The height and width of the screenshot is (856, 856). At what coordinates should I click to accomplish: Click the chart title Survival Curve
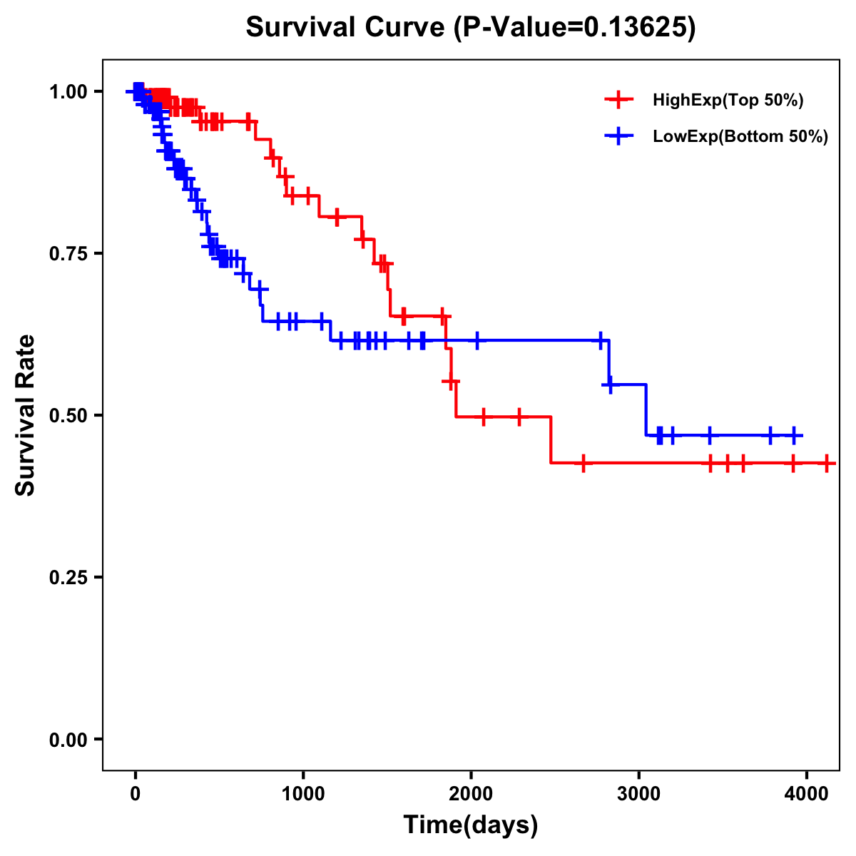pyautogui.click(x=347, y=28)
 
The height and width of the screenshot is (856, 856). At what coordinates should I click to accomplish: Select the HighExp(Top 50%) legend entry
pyautogui.click(x=728, y=101)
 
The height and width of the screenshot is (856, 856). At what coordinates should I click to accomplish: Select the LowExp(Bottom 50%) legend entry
pyautogui.click(x=740, y=137)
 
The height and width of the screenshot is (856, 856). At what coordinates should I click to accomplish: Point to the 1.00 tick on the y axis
pyautogui.click(x=68, y=91)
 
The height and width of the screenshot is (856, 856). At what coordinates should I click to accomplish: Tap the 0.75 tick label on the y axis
pyautogui.click(x=68, y=253)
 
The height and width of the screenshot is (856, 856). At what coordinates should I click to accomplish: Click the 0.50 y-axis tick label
pyautogui.click(x=68, y=415)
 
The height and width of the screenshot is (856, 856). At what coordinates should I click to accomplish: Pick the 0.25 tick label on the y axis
pyautogui.click(x=68, y=577)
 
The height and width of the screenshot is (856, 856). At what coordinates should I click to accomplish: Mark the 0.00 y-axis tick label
pyautogui.click(x=68, y=739)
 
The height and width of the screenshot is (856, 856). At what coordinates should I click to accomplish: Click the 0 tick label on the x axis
pyautogui.click(x=136, y=793)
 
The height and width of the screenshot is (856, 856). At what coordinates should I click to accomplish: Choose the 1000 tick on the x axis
pyautogui.click(x=303, y=793)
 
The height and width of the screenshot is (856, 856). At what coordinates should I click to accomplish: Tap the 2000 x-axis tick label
pyautogui.click(x=471, y=793)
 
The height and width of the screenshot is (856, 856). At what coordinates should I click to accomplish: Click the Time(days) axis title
pyautogui.click(x=471, y=825)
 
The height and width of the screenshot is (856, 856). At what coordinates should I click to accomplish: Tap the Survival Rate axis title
pyautogui.click(x=26, y=415)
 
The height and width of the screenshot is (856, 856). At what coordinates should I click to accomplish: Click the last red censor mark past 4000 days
pyautogui.click(x=826, y=464)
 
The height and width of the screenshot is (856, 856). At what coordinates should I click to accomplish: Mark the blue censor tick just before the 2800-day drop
pyautogui.click(x=601, y=340)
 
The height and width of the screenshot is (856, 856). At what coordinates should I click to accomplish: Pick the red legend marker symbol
pyautogui.click(x=618, y=101)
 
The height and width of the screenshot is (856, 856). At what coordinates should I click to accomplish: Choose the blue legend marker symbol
pyautogui.click(x=618, y=137)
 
